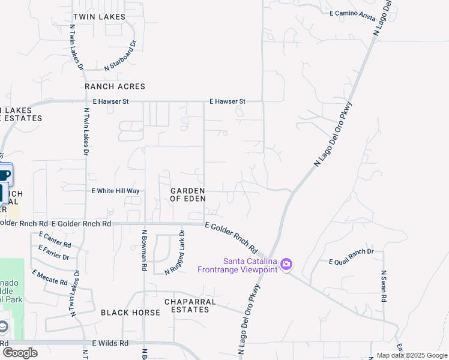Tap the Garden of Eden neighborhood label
tap(188, 194)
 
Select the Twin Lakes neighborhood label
tap(99, 17)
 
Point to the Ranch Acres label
tap(115, 86)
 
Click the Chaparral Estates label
tap(187, 305)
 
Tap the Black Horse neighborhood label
tap(130, 313)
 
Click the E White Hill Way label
tap(115, 191)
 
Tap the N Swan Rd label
tap(384, 287)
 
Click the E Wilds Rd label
tap(110, 343)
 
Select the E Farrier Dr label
tap(54, 253)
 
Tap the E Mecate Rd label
tap(50, 278)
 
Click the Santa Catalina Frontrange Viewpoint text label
tap(237, 265)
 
